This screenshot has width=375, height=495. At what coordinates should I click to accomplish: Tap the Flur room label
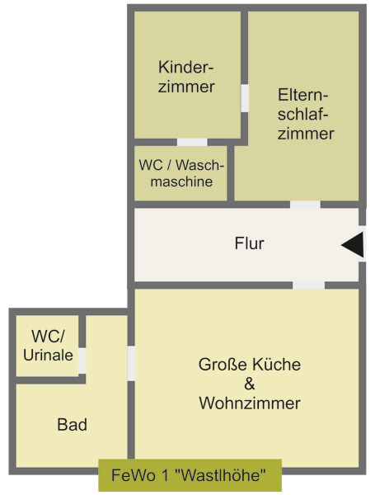point(249,243)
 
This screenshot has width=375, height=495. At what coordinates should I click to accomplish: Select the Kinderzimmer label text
point(186,77)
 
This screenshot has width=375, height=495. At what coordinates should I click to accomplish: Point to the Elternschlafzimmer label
point(306,114)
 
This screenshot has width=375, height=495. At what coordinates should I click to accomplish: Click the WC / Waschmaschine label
point(181,173)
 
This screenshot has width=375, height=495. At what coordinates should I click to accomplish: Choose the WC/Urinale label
point(48,346)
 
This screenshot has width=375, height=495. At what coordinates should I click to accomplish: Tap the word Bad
point(73,425)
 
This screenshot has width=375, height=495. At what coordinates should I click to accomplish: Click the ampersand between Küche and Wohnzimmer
point(249,384)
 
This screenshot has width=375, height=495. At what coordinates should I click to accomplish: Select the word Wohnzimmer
point(250,403)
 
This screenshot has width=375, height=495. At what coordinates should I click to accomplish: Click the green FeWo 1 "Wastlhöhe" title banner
point(190,475)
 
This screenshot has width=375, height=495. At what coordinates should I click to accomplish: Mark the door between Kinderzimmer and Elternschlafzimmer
point(245,98)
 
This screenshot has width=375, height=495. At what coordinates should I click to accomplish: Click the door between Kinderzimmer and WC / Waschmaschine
point(192,142)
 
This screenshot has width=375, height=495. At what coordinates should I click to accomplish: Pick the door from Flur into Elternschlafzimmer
point(305,205)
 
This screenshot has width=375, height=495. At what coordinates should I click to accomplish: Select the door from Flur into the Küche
point(309,285)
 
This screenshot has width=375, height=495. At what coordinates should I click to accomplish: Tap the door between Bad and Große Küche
point(131,363)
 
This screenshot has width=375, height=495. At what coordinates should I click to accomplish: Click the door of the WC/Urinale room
point(82,361)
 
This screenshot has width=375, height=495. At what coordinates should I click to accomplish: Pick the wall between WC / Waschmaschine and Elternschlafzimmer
point(231,173)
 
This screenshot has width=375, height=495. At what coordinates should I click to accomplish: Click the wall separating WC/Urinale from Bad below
point(50,380)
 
